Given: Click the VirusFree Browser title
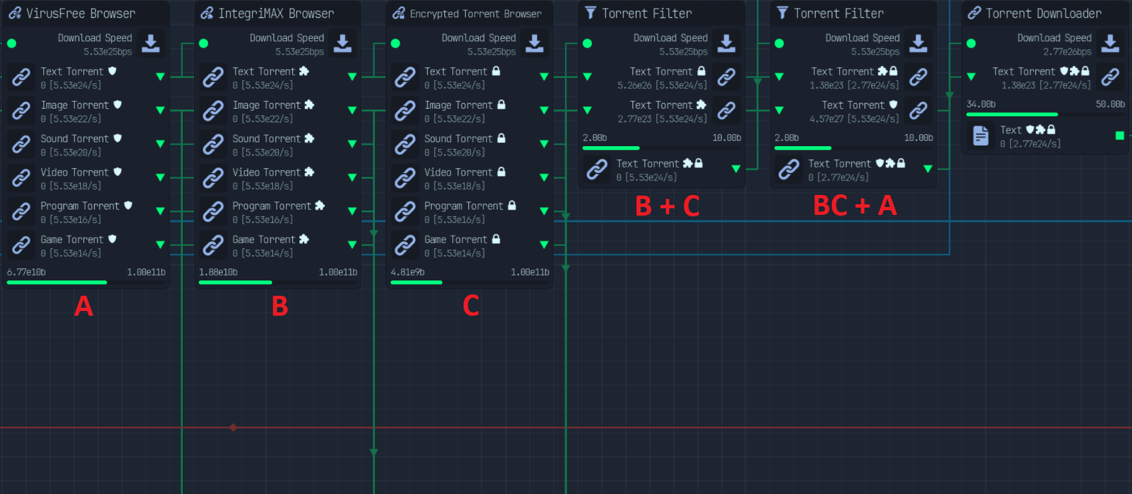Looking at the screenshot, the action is (80, 13).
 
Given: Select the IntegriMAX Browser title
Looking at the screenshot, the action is (276, 13).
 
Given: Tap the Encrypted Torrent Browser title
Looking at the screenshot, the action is (476, 13).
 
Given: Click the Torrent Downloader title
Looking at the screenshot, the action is (1043, 13).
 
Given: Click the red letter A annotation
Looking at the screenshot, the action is (83, 306).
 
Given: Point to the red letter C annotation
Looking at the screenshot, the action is (470, 306).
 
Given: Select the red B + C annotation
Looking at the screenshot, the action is (667, 206).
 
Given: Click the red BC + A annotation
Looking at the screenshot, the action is (855, 206).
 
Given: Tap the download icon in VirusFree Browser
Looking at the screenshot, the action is (151, 43).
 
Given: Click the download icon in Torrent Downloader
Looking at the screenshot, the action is (1110, 43).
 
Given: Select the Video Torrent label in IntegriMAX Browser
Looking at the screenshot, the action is (266, 172).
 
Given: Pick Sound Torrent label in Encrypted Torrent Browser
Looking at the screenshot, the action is (458, 139).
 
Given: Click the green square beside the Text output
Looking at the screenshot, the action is (1120, 136).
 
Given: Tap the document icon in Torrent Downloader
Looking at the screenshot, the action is (981, 136).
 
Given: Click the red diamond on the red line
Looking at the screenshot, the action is (233, 428).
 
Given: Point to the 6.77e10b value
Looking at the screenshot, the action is (26, 272).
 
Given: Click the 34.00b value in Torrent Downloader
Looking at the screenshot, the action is (981, 104).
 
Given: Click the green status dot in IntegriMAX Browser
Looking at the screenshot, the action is (203, 43).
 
